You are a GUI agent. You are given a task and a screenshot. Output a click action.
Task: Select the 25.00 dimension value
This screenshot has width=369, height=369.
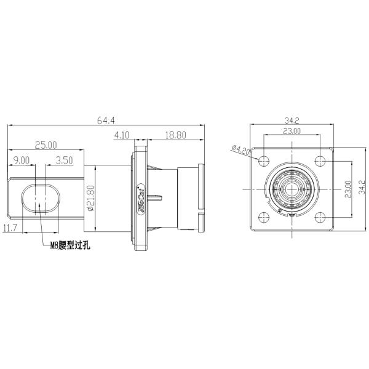[46, 145]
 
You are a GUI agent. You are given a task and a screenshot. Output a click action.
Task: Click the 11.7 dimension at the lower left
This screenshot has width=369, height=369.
[10, 228]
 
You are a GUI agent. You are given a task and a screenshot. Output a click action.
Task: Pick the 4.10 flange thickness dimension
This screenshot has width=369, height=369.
[122, 134]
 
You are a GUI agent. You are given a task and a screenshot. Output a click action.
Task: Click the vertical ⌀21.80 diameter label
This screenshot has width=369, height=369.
[92, 199]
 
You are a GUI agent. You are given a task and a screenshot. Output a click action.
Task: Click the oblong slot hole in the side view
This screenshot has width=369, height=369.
[39, 199]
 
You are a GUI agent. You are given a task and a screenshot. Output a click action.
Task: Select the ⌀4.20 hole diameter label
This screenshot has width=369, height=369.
[240, 149]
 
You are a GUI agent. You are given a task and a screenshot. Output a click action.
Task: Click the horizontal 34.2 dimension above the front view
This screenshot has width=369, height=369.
[292, 121]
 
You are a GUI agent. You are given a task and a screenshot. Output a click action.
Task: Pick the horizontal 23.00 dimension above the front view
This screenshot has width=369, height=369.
[292, 131]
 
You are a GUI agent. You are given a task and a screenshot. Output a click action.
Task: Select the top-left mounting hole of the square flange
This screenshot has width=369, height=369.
[264, 161]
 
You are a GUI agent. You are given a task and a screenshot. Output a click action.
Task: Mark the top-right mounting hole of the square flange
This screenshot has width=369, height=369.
[320, 161]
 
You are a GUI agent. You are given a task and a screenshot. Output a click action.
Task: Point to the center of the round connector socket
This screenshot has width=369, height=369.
[292, 188]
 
